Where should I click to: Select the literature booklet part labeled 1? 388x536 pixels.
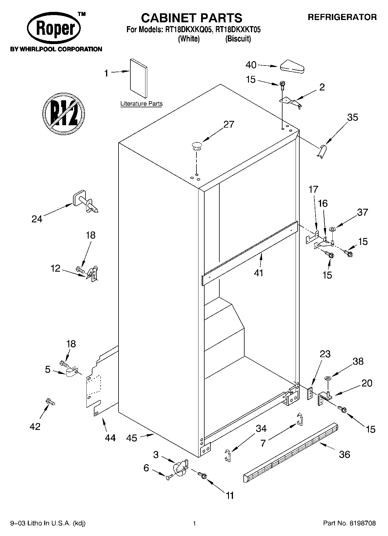[x=139, y=79]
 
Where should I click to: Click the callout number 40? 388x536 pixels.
[x=251, y=65]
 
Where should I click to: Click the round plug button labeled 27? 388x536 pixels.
[x=196, y=146]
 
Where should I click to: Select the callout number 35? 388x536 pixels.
[x=352, y=117]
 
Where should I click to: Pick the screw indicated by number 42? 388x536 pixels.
[x=50, y=402]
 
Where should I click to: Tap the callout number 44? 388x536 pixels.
[x=110, y=438]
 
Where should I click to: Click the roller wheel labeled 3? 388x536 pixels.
[x=179, y=468]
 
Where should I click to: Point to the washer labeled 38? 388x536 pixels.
[x=328, y=378]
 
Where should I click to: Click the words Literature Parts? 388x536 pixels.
[x=141, y=104]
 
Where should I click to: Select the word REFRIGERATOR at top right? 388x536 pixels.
[x=342, y=17]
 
